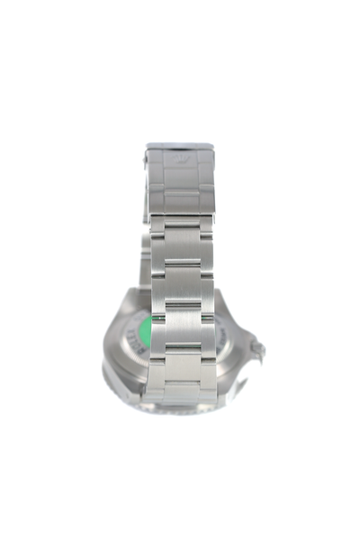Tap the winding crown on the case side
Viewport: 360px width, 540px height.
coord(259,346)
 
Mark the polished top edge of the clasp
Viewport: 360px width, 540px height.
coord(179,145)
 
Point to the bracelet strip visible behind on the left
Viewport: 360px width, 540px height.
coord(143,261)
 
